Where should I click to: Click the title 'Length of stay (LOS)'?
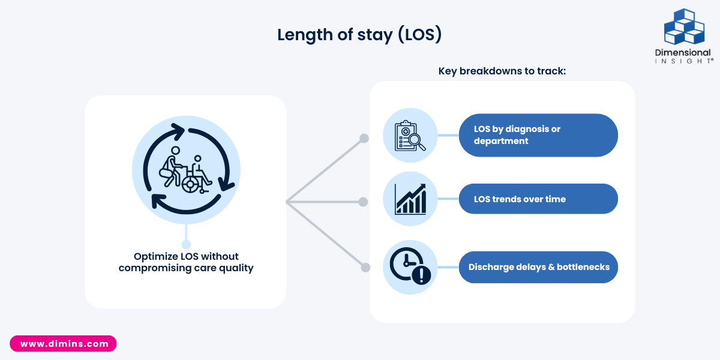[359, 35]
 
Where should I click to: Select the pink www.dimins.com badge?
[64, 344]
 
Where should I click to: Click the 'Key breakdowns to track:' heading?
[502, 71]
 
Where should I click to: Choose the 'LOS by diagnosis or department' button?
[538, 136]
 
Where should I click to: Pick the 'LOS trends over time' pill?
[538, 199]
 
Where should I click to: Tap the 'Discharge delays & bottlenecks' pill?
[538, 267]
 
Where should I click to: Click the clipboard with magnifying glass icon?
[410, 136]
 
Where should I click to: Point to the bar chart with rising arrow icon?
[410, 199]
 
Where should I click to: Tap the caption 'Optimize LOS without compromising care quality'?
[186, 262]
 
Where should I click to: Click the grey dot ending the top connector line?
[364, 139]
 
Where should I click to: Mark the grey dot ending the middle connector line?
[363, 202]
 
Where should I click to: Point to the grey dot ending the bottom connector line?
[364, 266]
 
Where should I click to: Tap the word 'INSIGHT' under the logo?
[683, 61]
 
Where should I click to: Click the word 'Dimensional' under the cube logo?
[683, 53]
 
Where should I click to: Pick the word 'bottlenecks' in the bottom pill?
[583, 267]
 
